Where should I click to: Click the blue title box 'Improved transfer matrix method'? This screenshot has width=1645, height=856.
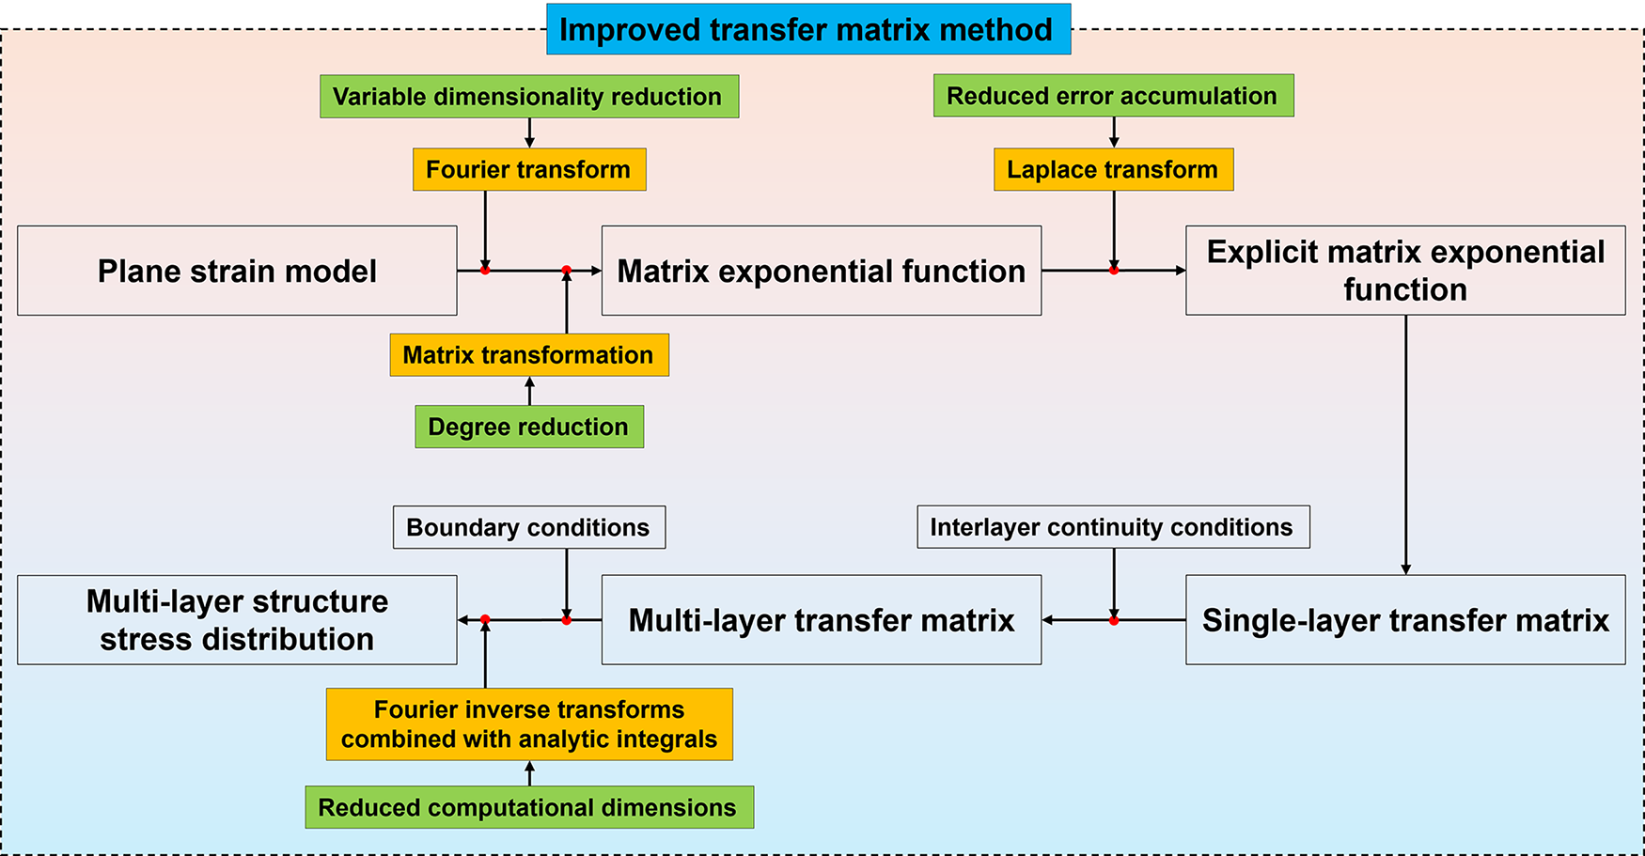(x=808, y=29)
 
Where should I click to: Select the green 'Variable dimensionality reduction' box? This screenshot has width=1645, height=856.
(x=529, y=96)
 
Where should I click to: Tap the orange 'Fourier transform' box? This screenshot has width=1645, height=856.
(x=529, y=169)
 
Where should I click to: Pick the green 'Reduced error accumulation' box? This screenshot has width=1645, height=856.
(x=1113, y=96)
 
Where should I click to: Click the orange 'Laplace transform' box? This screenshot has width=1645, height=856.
(x=1114, y=169)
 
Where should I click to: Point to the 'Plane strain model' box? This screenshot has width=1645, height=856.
(x=237, y=271)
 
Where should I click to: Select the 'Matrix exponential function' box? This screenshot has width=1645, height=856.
(x=822, y=271)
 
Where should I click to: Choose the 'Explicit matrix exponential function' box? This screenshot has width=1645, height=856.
(x=1405, y=271)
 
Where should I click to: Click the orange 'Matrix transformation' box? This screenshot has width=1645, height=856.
(x=529, y=355)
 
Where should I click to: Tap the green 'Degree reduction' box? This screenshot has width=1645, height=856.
(x=529, y=427)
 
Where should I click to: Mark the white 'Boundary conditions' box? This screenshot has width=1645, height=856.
(x=529, y=527)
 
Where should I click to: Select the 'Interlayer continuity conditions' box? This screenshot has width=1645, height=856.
(x=1113, y=527)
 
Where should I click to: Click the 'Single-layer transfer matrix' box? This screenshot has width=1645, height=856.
(x=1405, y=620)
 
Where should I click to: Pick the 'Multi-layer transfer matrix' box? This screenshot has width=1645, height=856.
(x=822, y=620)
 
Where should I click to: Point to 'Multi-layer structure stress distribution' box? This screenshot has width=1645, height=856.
(x=237, y=620)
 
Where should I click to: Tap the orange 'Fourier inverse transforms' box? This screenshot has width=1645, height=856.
(x=529, y=724)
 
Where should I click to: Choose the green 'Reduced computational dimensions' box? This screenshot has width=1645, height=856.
(x=529, y=807)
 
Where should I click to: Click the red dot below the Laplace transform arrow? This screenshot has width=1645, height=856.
(x=1114, y=271)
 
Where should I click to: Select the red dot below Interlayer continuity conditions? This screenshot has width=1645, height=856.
(x=1114, y=620)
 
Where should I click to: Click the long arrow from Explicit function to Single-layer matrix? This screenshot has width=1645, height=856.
(x=1406, y=444)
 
